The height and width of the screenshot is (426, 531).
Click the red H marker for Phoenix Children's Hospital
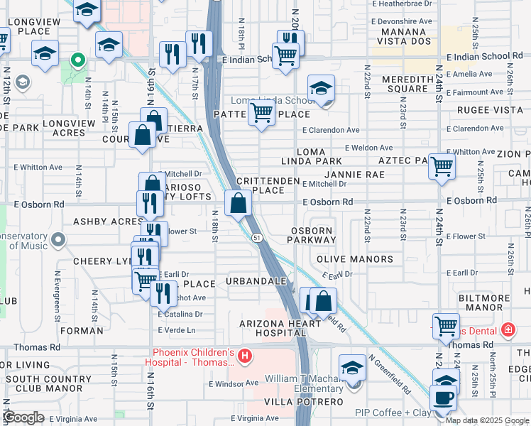click(x=244, y=355)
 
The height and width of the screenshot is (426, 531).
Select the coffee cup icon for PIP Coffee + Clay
click(x=444, y=398)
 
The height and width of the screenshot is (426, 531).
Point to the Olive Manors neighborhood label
click(x=354, y=259)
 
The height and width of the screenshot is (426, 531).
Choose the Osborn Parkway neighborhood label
click(x=312, y=236)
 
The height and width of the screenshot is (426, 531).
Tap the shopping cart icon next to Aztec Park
click(x=442, y=167)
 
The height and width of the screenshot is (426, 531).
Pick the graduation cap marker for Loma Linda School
click(x=321, y=89)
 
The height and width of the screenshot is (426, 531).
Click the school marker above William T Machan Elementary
click(x=352, y=368)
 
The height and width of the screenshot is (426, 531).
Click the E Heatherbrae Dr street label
click(x=402, y=4)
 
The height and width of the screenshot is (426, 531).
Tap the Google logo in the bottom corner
click(x=23, y=417)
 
